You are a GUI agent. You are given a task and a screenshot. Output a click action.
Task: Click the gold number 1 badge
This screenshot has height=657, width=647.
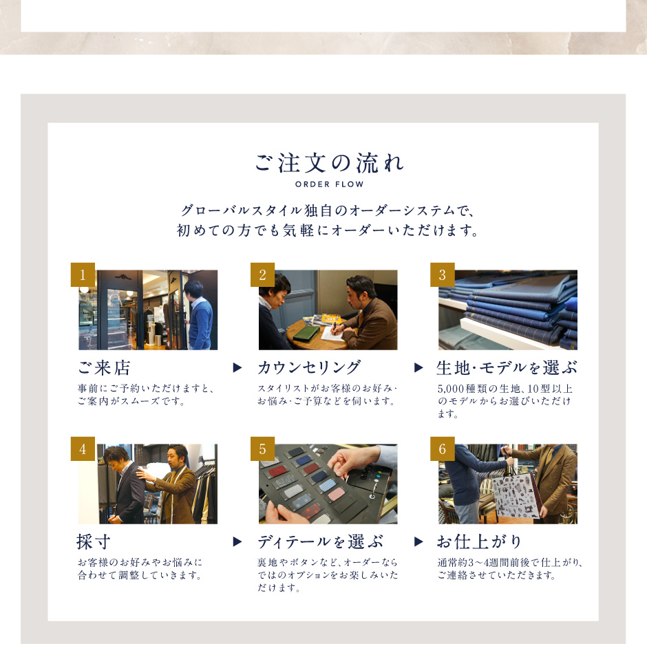[83, 275]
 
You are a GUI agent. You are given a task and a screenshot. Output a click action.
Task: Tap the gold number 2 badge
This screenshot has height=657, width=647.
[262, 275]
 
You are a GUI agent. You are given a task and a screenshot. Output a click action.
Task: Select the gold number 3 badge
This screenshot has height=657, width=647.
[443, 275]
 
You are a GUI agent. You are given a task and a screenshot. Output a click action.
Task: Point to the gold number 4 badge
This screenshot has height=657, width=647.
[83, 449]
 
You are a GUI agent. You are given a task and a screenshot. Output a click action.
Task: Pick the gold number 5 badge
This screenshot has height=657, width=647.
[262, 449]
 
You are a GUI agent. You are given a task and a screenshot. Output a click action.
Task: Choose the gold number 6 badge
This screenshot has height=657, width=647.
[443, 449]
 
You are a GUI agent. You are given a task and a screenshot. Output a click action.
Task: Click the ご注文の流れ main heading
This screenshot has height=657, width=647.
[330, 163]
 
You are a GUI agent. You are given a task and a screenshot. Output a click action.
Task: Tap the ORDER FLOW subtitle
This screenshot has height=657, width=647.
[330, 184]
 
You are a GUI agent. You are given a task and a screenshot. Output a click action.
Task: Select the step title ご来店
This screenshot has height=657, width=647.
[104, 368]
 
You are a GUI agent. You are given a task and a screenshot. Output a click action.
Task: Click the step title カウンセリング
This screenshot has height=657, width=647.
[309, 367]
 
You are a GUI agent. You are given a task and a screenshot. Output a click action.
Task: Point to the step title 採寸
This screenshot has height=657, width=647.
[94, 542]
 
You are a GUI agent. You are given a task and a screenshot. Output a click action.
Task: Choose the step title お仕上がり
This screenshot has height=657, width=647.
[479, 542]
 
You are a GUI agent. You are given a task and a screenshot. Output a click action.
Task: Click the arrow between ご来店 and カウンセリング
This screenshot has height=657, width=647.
[237, 368]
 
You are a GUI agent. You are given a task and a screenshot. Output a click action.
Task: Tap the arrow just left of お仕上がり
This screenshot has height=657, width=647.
[418, 542]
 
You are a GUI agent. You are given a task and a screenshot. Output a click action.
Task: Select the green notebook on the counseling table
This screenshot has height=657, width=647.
[306, 332]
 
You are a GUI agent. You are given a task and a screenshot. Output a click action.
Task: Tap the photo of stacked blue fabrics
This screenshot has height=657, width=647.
[508, 310]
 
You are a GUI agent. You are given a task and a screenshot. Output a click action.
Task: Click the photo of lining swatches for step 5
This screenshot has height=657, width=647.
[328, 484]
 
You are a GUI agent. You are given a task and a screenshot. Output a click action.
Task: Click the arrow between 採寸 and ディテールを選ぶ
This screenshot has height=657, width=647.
[237, 542]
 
